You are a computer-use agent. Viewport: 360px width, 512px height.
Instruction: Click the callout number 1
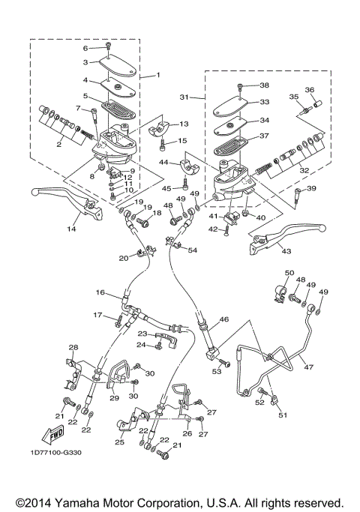(x=158, y=76)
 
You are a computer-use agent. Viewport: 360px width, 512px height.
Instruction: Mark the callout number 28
(x=73, y=347)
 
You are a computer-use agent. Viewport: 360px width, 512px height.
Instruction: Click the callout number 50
(x=289, y=273)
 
